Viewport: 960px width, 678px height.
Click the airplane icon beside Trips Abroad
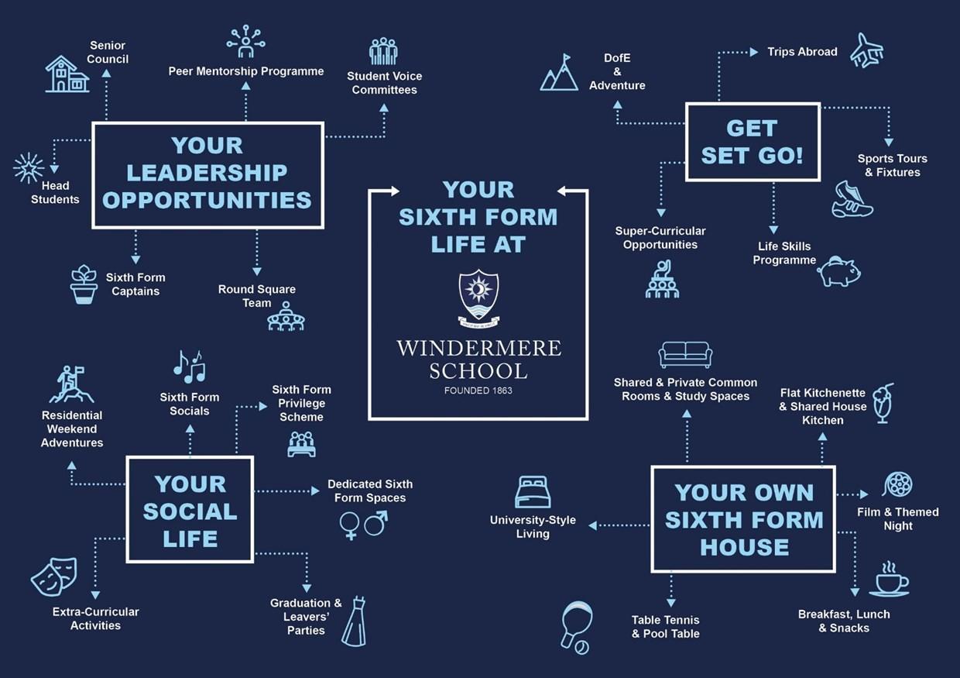(867, 50)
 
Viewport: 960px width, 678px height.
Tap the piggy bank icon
(839, 271)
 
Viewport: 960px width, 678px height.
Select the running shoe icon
(852, 200)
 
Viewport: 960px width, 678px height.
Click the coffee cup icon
(890, 580)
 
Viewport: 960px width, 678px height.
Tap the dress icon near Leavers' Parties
(355, 621)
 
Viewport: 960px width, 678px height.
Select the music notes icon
(190, 367)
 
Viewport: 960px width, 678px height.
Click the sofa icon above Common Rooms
(685, 355)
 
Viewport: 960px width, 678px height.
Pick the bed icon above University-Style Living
(533, 492)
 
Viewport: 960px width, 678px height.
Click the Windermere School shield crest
(478, 295)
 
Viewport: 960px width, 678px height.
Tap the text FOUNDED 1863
(478, 391)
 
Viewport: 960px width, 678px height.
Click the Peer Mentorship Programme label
(246, 71)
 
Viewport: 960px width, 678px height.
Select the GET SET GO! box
(753, 142)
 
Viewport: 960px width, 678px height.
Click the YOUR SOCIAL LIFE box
(190, 509)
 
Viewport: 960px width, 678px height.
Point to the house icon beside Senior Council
(67, 74)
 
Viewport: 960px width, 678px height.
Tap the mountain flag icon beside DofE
(560, 73)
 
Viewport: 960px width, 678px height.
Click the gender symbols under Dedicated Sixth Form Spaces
(363, 525)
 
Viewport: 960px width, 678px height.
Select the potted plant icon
(84, 284)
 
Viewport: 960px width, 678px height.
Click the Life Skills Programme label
(784, 253)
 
